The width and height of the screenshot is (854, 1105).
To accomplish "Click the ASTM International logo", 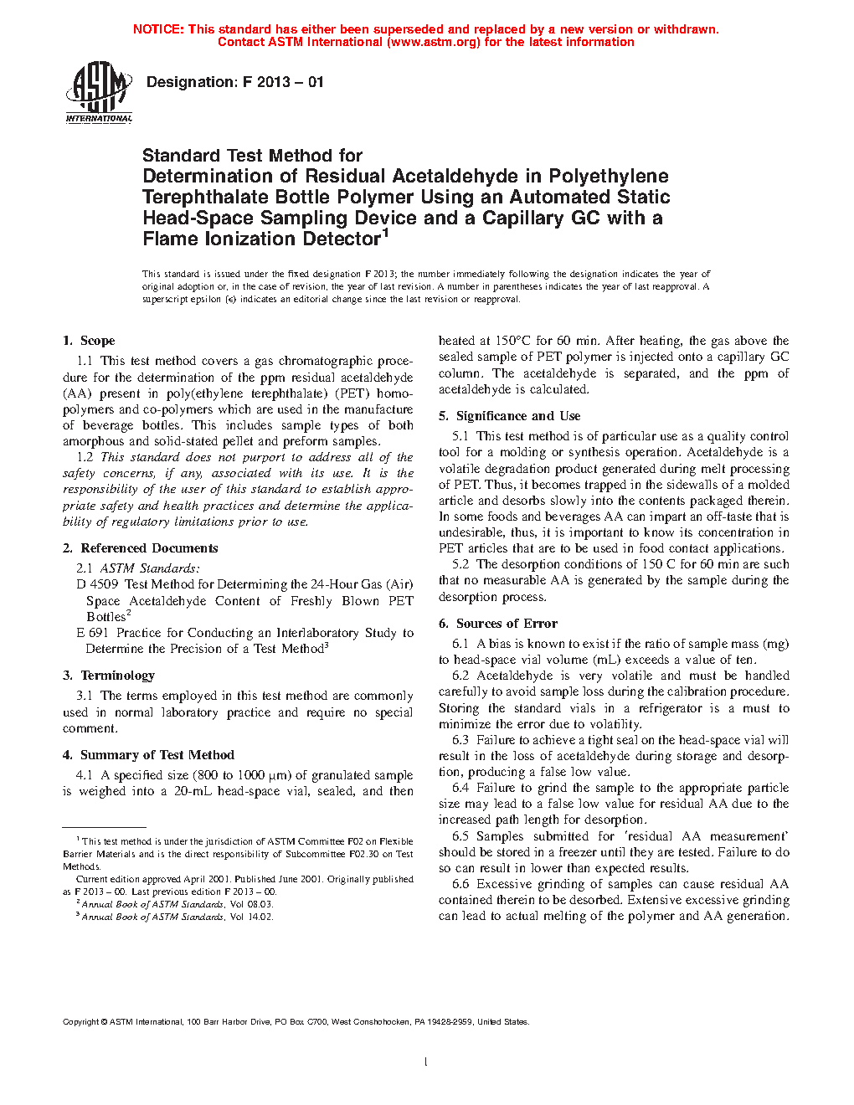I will click(x=98, y=92).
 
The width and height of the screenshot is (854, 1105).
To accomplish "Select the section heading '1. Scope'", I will click(x=89, y=341).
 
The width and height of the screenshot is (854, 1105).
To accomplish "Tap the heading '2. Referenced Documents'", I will click(x=141, y=548).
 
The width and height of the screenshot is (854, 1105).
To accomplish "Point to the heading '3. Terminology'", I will click(x=109, y=676).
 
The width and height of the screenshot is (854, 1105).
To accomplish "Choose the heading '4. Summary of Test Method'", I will click(x=148, y=755).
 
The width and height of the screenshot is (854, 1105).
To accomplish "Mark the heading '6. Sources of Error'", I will click(x=498, y=624).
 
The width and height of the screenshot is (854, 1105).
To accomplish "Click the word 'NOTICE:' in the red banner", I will click(x=158, y=29).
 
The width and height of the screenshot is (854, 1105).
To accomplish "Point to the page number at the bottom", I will click(x=426, y=1062).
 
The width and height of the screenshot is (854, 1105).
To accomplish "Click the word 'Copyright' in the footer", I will click(x=81, y=1021).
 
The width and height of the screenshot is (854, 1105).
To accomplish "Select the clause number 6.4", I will click(x=460, y=788).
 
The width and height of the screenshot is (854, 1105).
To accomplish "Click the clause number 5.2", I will click(x=460, y=564).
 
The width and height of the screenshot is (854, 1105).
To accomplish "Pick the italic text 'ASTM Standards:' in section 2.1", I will click(x=150, y=568).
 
